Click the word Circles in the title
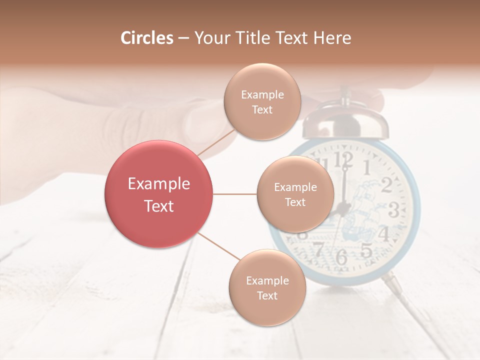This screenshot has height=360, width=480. point(147,38)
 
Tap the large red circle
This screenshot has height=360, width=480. point(159,194)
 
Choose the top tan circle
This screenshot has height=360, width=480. point(262,102)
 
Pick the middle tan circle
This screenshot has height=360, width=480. point(295,194)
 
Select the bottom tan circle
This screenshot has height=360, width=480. point(267,288)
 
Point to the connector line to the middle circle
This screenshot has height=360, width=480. point(235,194)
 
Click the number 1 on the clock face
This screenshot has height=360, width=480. point(366,167)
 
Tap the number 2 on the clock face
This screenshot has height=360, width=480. point(386,185)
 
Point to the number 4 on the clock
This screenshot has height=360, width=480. point(384,233)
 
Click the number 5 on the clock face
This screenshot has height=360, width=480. point(366,249)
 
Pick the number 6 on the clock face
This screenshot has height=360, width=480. point(341,257)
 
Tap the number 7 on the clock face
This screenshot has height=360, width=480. point(318,249)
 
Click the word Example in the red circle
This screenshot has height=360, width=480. point(159,184)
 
